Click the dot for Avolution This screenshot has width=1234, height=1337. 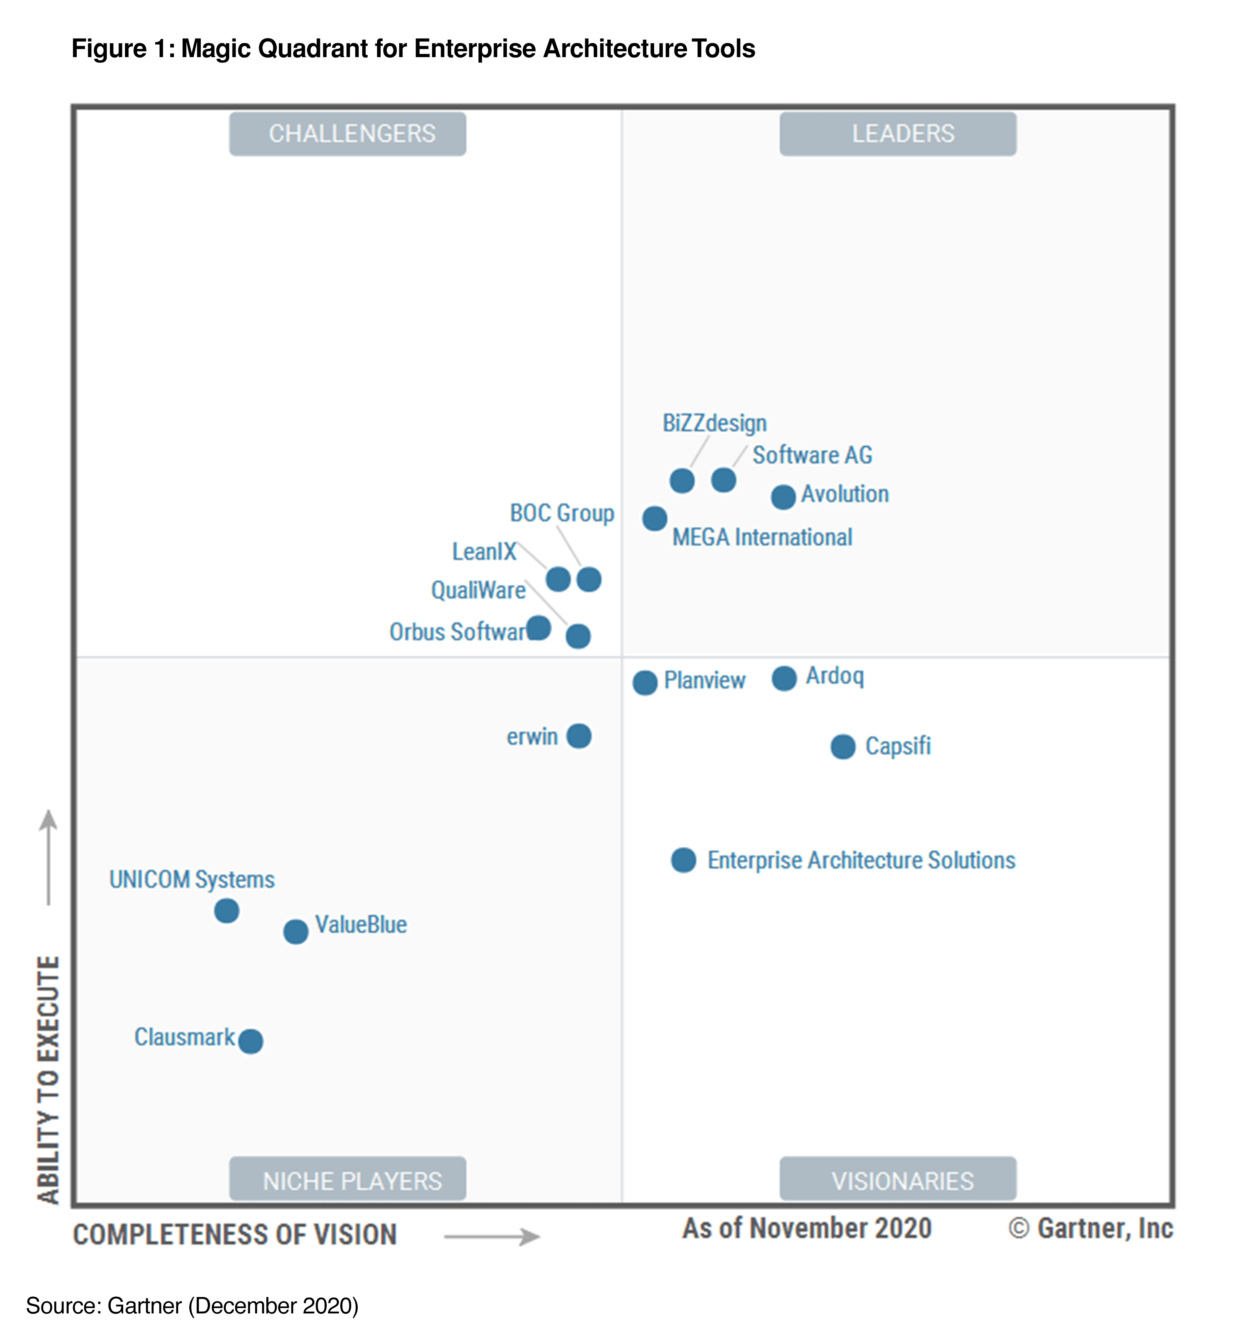click(x=783, y=497)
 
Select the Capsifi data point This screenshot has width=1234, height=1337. click(x=843, y=747)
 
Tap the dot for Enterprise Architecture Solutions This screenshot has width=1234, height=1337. click(x=683, y=860)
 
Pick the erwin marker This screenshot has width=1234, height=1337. click(x=578, y=736)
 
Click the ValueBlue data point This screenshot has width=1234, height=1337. click(x=295, y=932)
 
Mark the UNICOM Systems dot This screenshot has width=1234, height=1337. click(x=226, y=910)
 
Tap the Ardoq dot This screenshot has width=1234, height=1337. click(x=784, y=678)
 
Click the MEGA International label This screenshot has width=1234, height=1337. click(x=762, y=537)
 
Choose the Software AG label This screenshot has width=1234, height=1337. click(x=812, y=455)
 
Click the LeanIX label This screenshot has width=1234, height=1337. click(x=484, y=552)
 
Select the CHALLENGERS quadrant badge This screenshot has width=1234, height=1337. click(x=348, y=134)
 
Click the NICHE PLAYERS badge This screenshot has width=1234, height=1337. click(x=348, y=1181)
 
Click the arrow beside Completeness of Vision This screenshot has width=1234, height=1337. click(x=492, y=1237)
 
